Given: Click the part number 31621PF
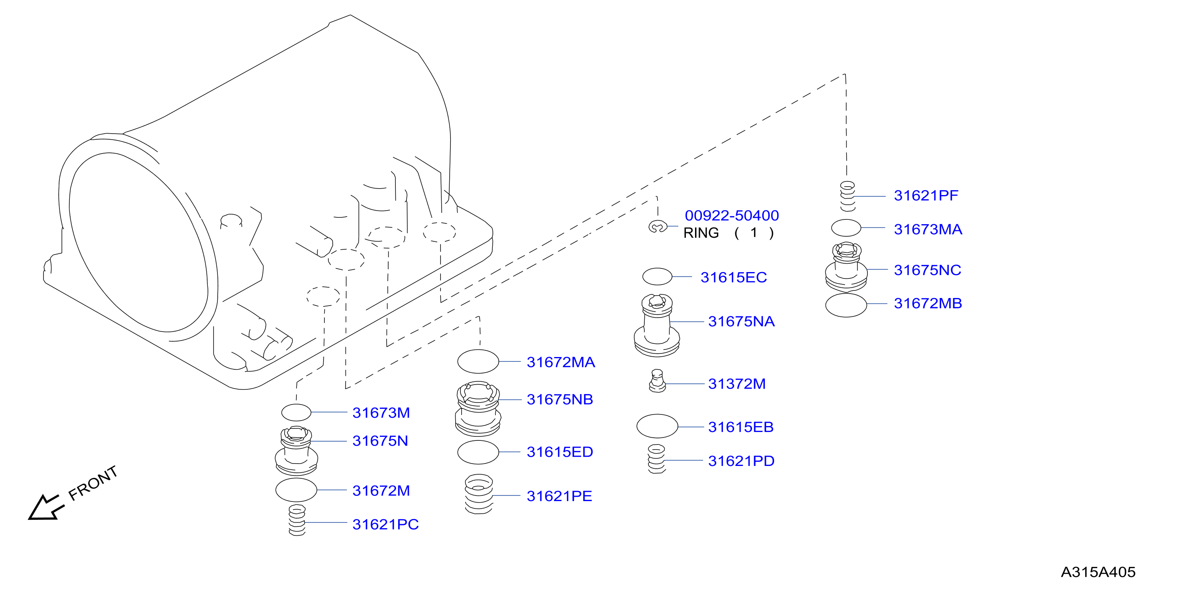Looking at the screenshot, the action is pyautogui.click(x=926, y=196).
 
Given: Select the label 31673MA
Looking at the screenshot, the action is pyautogui.click(x=928, y=229).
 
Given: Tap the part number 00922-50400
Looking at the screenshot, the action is pyautogui.click(x=732, y=215).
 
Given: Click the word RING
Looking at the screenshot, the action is pyautogui.click(x=701, y=233).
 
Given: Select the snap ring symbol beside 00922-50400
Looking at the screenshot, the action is pyautogui.click(x=658, y=227).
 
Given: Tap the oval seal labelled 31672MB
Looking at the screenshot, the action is pyautogui.click(x=846, y=305).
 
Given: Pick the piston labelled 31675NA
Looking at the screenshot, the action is pyautogui.click(x=657, y=326).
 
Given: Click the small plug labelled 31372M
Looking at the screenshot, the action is pyautogui.click(x=657, y=381).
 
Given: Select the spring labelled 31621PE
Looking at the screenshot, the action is pyautogui.click(x=479, y=494).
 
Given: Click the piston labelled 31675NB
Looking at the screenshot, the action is pyautogui.click(x=478, y=408).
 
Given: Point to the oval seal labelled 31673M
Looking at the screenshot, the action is pyautogui.click(x=296, y=412).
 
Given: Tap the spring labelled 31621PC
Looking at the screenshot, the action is pyautogui.click(x=297, y=520).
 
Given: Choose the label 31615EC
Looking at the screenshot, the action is pyautogui.click(x=734, y=277).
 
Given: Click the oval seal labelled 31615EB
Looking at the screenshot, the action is pyautogui.click(x=657, y=426).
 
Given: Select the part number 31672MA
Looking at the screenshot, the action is pyautogui.click(x=561, y=362).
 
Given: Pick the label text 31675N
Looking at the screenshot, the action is pyautogui.click(x=380, y=441).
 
